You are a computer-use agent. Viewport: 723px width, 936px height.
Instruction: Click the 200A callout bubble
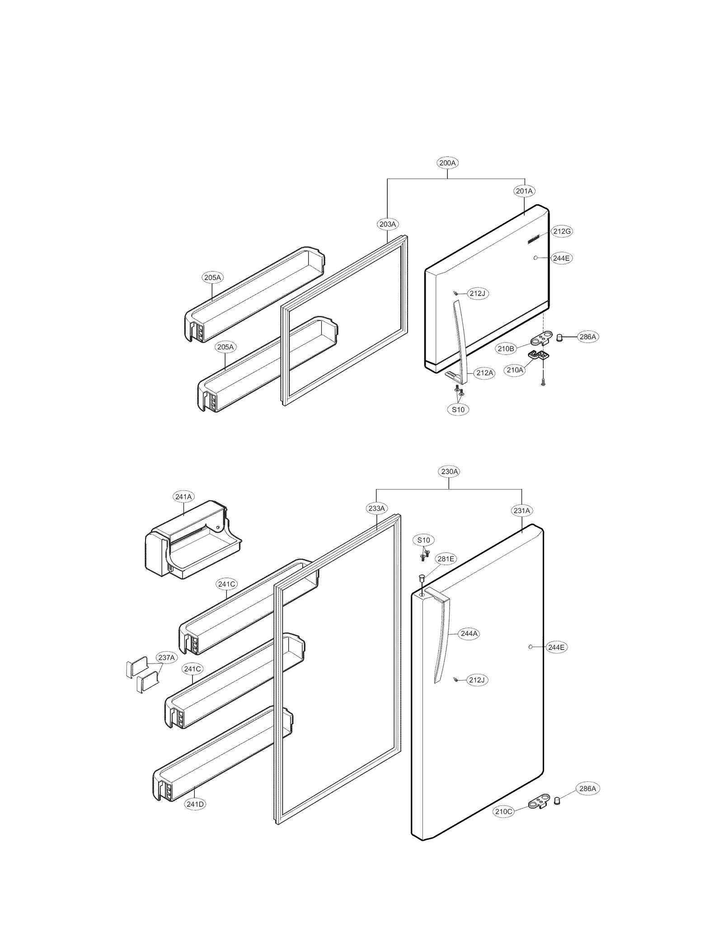point(447,163)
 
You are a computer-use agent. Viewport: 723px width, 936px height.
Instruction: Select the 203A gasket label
point(387,224)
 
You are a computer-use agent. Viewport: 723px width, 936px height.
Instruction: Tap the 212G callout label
point(562,231)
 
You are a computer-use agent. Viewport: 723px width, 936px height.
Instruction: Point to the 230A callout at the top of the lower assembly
point(449,471)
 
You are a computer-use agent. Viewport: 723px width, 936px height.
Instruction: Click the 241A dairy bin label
point(183,497)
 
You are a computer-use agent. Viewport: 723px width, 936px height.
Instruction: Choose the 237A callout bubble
point(166,658)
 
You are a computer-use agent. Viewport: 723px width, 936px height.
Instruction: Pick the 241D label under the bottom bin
point(195,804)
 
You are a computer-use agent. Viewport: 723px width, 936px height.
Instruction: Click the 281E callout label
point(446,559)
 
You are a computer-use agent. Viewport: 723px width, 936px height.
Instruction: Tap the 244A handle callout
point(469,634)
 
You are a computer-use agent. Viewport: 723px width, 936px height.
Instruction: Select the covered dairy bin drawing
point(192,540)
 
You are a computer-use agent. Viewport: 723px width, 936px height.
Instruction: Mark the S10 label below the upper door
point(458,409)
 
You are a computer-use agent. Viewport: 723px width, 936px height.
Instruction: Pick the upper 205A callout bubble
point(212,278)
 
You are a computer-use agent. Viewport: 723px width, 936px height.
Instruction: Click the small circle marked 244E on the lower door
point(530,647)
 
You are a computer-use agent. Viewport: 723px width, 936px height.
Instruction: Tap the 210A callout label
point(515,370)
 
